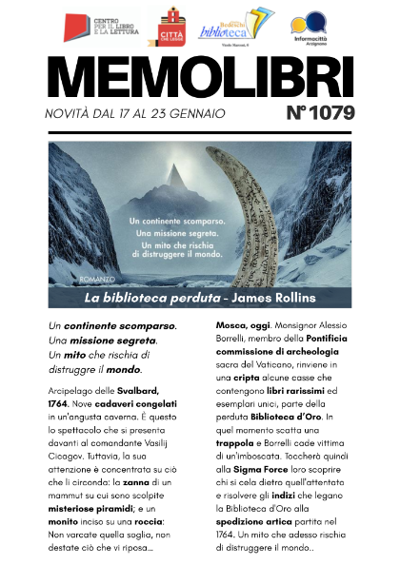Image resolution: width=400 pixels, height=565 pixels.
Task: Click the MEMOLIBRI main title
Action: coord(199,80)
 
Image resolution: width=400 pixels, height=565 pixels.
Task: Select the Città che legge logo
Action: coord(172,27)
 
